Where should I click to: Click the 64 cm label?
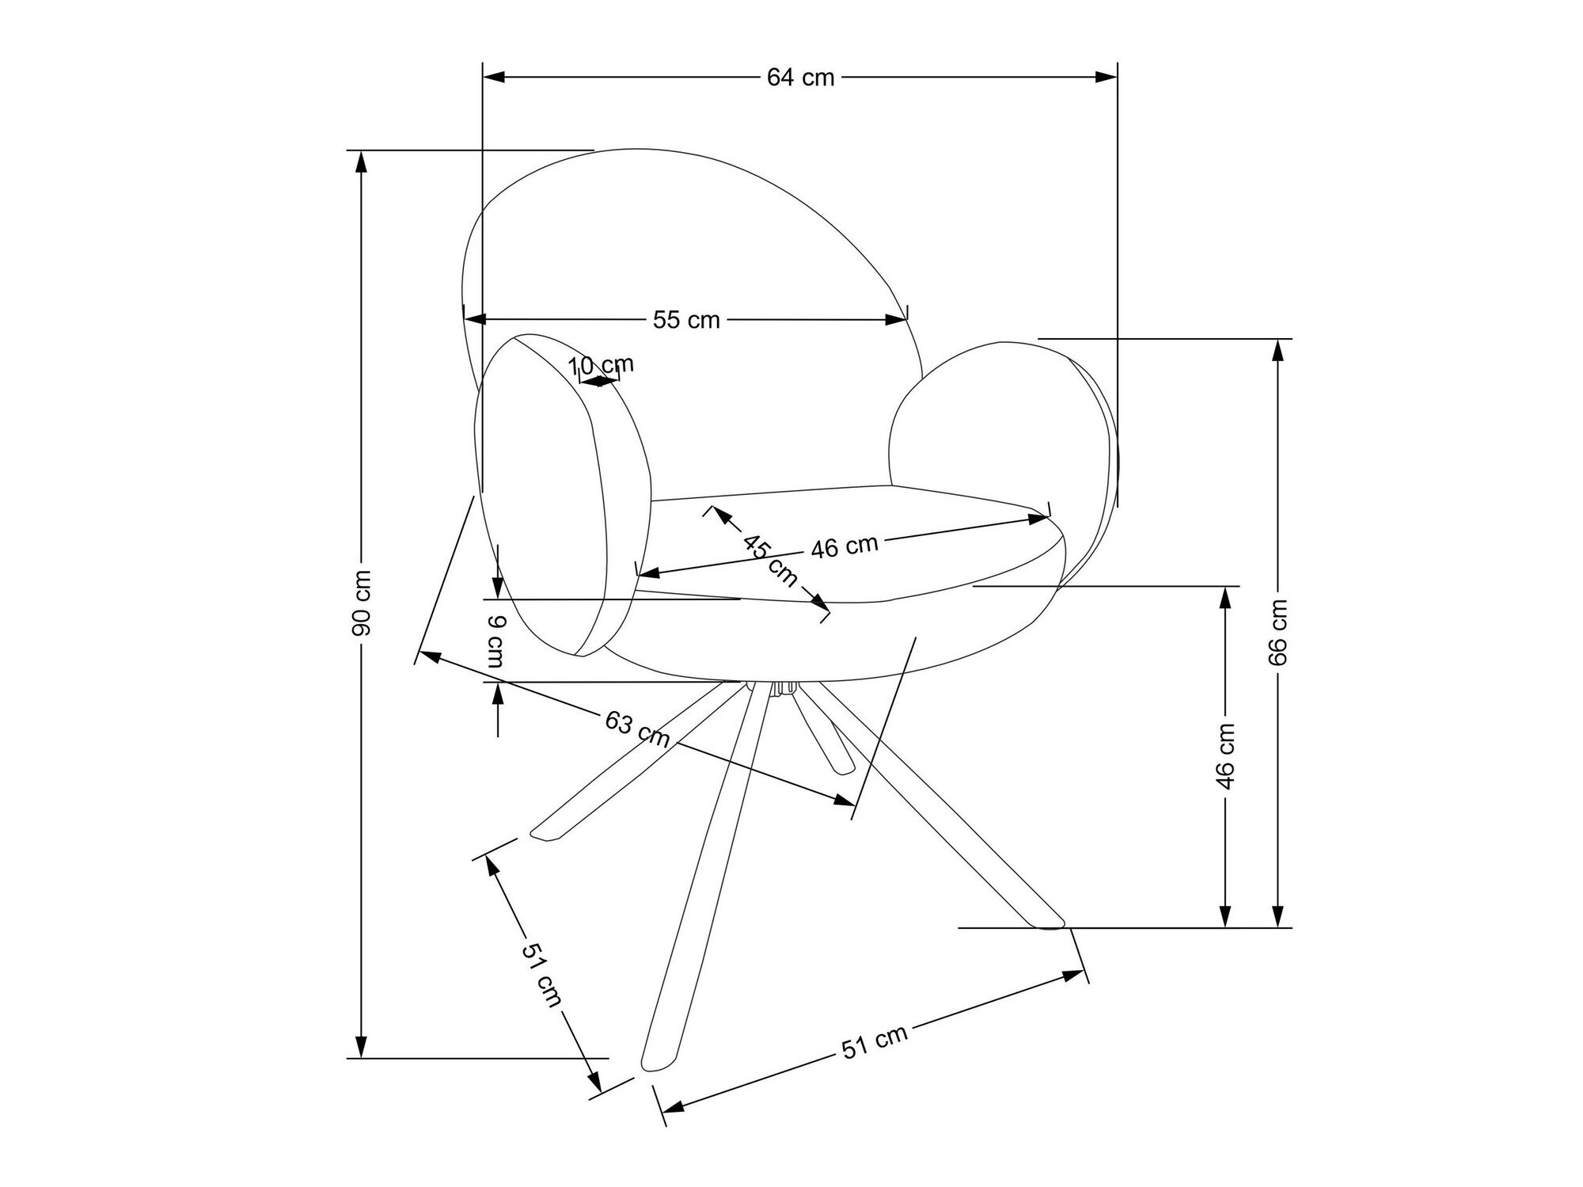coord(801,78)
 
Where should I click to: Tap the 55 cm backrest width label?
coord(686,320)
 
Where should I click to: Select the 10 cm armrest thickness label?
coord(602,365)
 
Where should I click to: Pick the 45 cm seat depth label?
coord(770,560)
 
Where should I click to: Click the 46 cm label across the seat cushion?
coord(845,547)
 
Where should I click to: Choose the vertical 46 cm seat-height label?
coord(1225,755)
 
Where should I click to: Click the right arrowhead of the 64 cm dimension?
coord(1107,77)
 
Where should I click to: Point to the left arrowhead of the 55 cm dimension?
coord(474,319)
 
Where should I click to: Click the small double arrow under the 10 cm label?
coord(599,381)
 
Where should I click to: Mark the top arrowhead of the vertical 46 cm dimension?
coord(1225,598)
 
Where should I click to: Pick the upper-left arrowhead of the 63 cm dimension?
coord(428,656)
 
